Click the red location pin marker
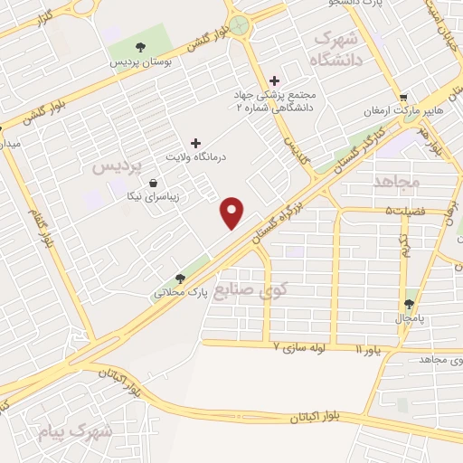(x=232, y=213)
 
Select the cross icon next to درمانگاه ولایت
(x=195, y=143)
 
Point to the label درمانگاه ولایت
(x=194, y=157)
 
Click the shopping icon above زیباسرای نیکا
(x=139, y=184)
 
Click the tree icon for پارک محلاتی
(x=180, y=279)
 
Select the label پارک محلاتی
(x=181, y=293)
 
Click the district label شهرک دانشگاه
(x=334, y=50)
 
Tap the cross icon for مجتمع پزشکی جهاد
(x=275, y=81)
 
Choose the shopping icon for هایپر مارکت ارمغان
(x=403, y=97)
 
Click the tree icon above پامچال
(x=411, y=304)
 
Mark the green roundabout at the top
(x=240, y=25)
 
